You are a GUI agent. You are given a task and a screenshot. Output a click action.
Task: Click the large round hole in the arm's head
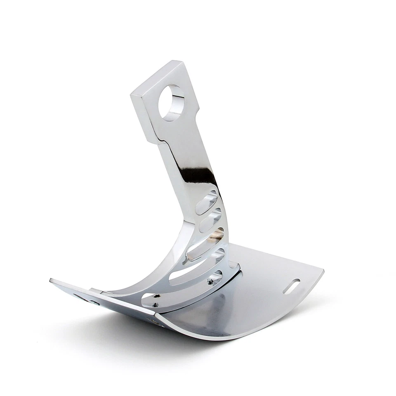tap(171, 102)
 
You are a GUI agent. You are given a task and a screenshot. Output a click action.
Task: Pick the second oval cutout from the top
tap(210, 222)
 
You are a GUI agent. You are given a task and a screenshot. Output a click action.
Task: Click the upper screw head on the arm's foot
tap(210, 282)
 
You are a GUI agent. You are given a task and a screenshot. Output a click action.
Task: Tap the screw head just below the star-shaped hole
tap(155, 306)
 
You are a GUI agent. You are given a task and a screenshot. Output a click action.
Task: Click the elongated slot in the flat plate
tap(291, 286)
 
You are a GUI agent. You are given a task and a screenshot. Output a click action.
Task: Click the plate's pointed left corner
tap(51, 280)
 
